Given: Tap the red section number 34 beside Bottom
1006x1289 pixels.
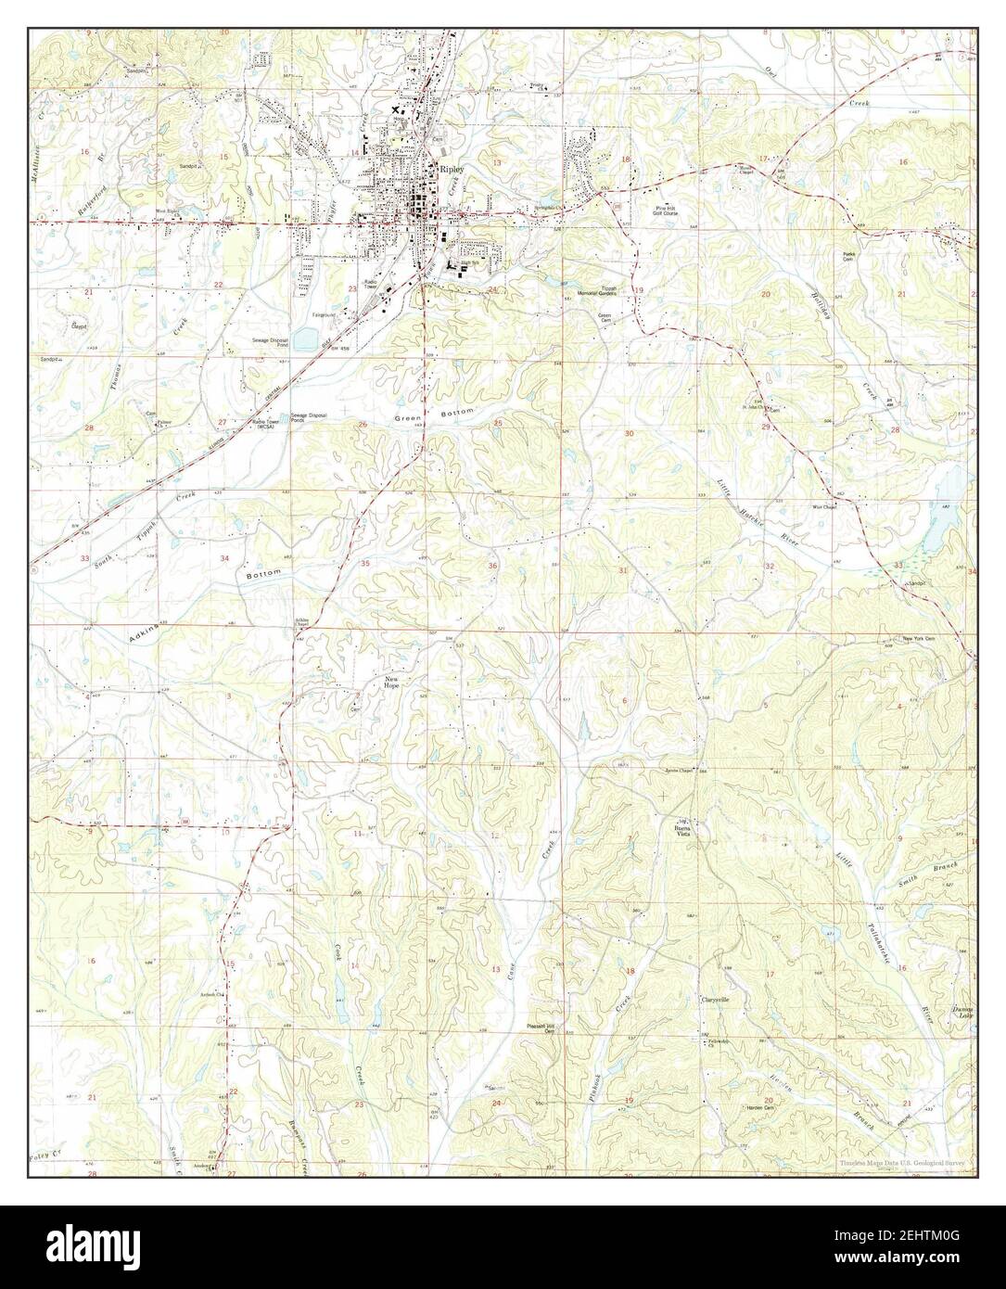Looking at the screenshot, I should tap(224, 558).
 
